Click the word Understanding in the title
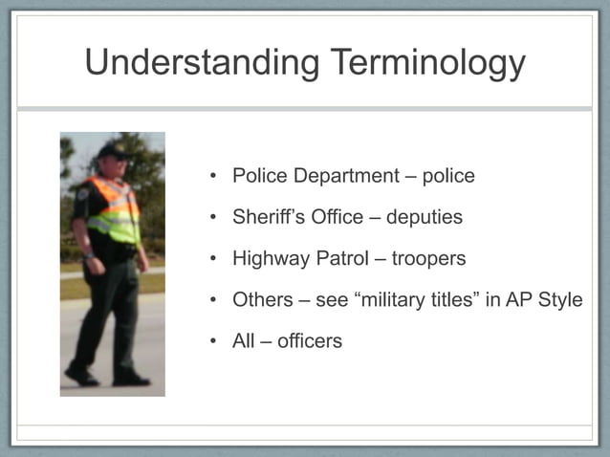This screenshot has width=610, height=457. (x=202, y=63)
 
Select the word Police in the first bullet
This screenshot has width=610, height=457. (x=260, y=176)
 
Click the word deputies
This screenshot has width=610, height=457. (x=424, y=218)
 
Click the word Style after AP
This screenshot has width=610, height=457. (x=558, y=299)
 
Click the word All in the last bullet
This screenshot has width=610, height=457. (x=243, y=340)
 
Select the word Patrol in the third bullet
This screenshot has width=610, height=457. (x=342, y=259)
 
